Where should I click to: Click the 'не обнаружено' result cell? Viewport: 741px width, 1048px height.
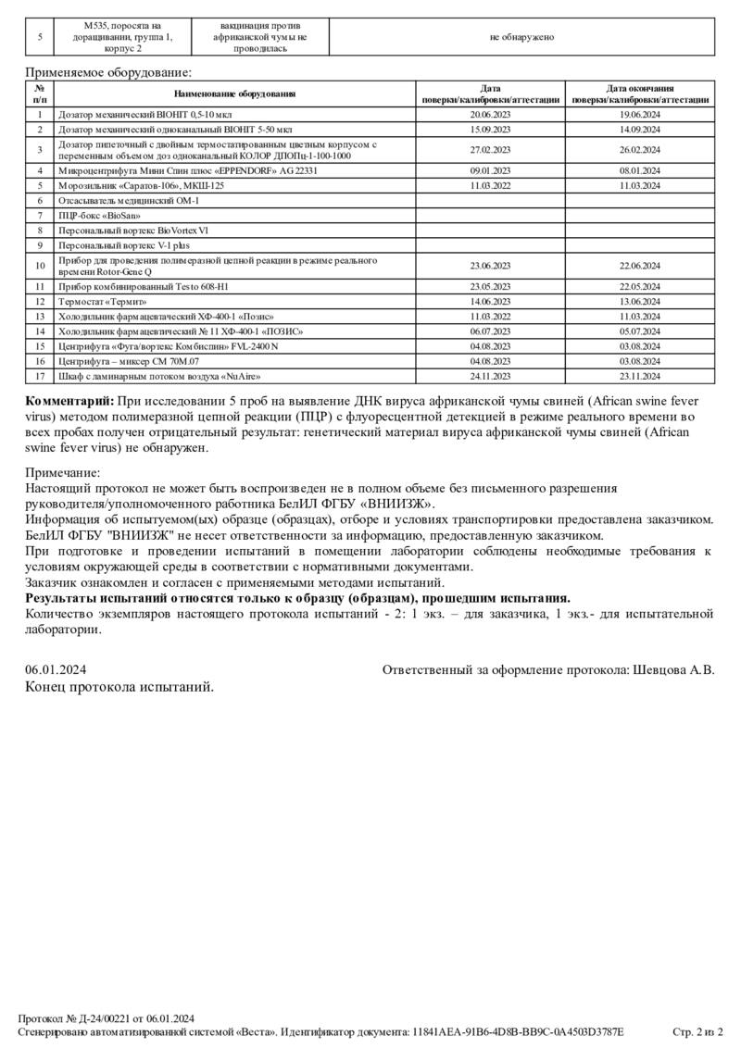[x=521, y=37]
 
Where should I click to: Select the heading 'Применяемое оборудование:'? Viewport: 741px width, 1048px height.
[x=107, y=72]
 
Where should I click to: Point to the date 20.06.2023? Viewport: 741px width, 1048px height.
[x=491, y=114]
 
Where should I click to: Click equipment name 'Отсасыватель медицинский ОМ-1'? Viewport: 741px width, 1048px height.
[x=129, y=200]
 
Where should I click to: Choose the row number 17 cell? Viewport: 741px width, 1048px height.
[x=40, y=377]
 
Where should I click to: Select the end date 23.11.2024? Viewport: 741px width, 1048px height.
[x=639, y=377]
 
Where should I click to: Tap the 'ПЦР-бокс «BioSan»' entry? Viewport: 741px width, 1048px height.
[x=93, y=215]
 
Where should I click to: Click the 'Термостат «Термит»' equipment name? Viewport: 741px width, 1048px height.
[x=103, y=301]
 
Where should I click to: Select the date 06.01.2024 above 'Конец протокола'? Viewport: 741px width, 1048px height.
[x=56, y=669]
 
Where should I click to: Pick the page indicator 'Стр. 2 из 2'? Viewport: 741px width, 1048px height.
[x=697, y=1031]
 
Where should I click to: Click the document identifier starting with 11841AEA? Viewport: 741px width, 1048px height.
[x=518, y=1031]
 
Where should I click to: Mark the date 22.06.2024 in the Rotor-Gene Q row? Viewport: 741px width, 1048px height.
[x=639, y=266]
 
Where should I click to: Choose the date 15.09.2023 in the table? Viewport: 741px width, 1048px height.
[x=491, y=129]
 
